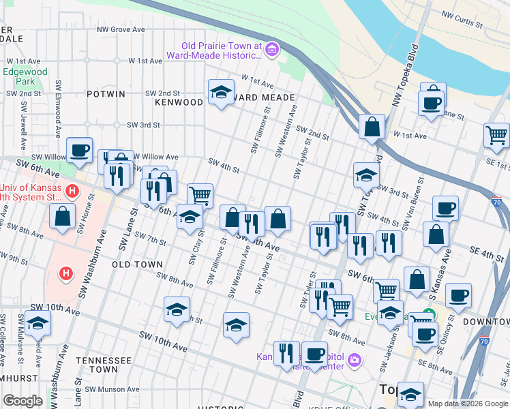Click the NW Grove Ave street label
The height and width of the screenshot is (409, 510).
coord(121,29)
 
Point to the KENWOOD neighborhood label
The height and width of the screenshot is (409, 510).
coord(179,102)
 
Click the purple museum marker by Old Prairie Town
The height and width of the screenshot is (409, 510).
coord(272,48)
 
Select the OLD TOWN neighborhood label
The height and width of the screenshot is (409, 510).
coord(137,264)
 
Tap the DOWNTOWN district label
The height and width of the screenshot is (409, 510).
coord(486,321)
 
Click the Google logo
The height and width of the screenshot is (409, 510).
coord(22,401)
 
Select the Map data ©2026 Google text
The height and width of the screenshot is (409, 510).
coord(467,404)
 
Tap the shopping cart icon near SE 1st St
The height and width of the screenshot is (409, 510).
coord(496,134)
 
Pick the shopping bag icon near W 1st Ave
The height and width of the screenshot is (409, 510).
coord(372,127)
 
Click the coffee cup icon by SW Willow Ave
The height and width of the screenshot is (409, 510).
coord(79,150)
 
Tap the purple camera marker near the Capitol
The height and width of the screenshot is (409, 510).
coord(354,359)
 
